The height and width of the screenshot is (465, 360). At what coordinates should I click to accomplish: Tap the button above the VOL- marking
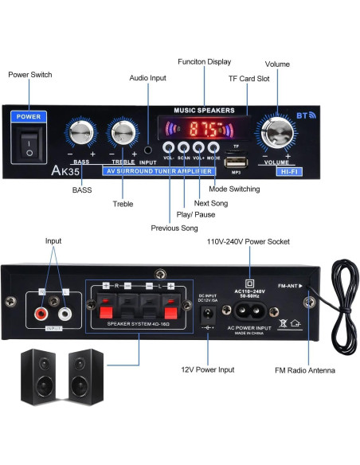(x=170, y=147)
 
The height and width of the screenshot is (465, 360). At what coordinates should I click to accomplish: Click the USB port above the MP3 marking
(x=237, y=162)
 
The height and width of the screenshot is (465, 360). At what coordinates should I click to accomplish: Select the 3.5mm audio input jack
(x=148, y=150)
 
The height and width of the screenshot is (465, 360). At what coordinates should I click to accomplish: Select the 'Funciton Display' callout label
(x=205, y=61)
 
